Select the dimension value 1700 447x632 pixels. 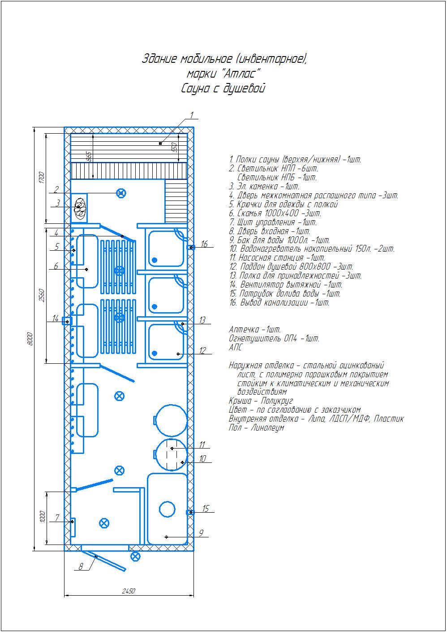click(x=42, y=177)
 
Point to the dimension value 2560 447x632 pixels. click(x=42, y=295)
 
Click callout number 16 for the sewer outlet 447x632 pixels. click(x=204, y=244)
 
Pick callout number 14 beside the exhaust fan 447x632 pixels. click(x=56, y=318)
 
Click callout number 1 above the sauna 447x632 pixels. click(x=192, y=115)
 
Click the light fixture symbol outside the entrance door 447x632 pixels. click(x=135, y=556)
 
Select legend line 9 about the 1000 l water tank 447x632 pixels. click(x=279, y=240)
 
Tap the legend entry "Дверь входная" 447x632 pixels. click(x=270, y=231)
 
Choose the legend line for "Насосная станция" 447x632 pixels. click(x=277, y=257)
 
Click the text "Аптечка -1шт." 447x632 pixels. click(x=255, y=329)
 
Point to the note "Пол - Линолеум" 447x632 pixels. click(x=256, y=427)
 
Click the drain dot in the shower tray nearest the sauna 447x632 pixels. click(x=155, y=260)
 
